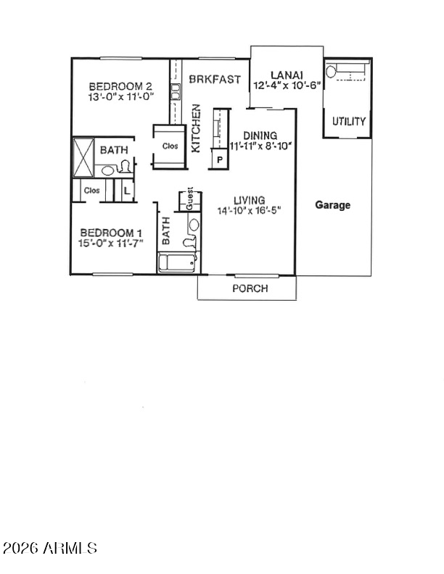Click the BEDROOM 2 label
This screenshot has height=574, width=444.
[120, 87]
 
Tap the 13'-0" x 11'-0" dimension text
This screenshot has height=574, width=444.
[120, 97]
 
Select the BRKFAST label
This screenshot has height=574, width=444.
[215, 79]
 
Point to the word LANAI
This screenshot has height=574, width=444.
[287, 75]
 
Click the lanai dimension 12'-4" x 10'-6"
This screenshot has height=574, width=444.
[287, 86]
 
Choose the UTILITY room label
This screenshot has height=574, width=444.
[349, 121]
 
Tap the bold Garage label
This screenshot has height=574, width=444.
[332, 205]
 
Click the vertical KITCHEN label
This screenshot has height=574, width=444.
[197, 128]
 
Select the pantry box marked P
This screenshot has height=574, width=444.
[220, 159]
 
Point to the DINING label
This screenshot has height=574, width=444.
[260, 136]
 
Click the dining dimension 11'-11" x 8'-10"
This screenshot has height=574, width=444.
[260, 146]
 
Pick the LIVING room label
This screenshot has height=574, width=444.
[250, 200]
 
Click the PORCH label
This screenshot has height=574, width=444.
[250, 288]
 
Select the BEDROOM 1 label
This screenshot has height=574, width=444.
[111, 233]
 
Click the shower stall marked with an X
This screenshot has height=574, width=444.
[83, 157]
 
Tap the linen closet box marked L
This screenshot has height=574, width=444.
[126, 191]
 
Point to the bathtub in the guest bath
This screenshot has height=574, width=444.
[177, 263]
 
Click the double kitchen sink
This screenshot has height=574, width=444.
[176, 92]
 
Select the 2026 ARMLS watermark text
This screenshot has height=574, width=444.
[50, 548]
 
